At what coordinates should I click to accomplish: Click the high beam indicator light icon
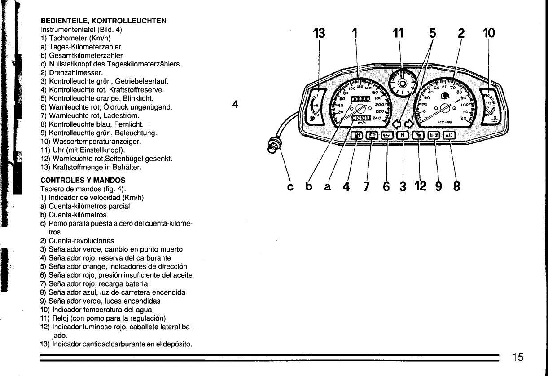449,135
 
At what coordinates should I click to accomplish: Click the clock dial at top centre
402,83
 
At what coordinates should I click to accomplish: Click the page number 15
517,357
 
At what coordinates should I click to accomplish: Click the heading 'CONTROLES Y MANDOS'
83,180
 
